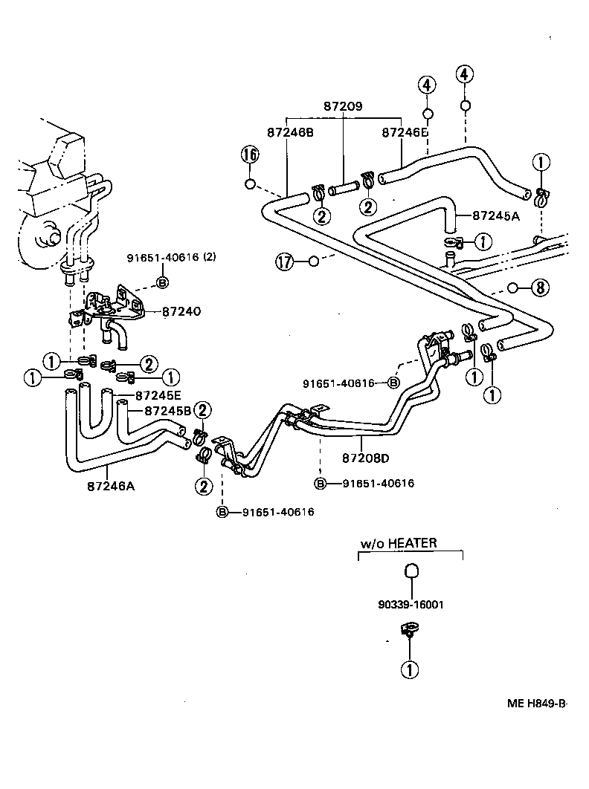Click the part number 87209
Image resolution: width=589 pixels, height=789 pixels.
(342, 106)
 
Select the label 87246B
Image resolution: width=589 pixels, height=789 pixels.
(289, 132)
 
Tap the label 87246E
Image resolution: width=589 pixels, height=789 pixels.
(405, 132)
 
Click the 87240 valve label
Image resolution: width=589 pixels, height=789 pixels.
(181, 312)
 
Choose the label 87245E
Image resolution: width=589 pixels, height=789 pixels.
(159, 396)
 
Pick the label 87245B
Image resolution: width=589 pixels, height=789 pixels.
(167, 411)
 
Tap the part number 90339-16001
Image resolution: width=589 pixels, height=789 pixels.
(411, 605)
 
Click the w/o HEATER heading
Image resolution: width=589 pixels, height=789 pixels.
(399, 543)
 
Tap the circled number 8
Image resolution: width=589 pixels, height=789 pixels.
(540, 288)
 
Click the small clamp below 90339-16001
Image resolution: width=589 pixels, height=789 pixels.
(408, 633)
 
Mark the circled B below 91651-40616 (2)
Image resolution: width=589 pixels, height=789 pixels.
(162, 282)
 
